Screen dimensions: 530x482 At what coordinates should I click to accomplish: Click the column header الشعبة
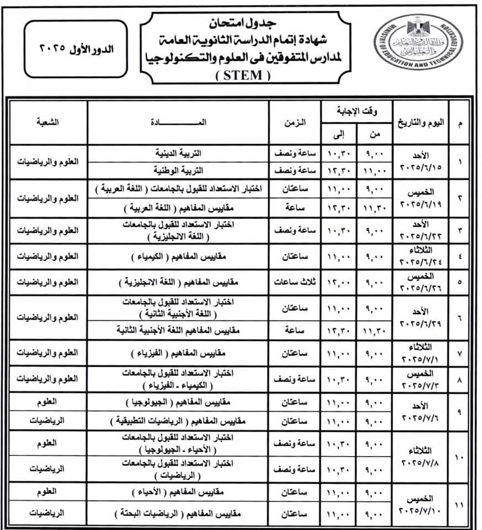coord(48,122)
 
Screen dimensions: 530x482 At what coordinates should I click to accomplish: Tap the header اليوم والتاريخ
coord(419,122)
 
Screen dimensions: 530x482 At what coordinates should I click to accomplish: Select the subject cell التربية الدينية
coord(178,153)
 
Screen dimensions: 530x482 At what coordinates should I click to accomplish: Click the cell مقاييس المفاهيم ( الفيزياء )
coord(178,353)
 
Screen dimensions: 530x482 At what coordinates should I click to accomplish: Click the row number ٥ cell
coord(460,282)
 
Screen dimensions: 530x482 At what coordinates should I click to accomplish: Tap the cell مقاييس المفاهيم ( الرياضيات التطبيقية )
coord(178,421)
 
